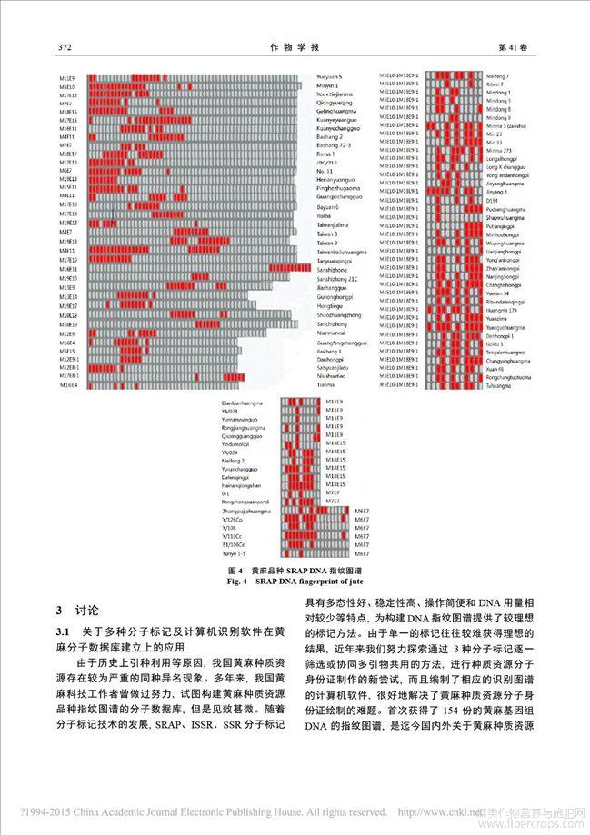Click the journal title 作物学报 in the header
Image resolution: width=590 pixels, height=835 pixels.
(x=295, y=46)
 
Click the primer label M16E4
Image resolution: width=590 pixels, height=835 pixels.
(x=69, y=385)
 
